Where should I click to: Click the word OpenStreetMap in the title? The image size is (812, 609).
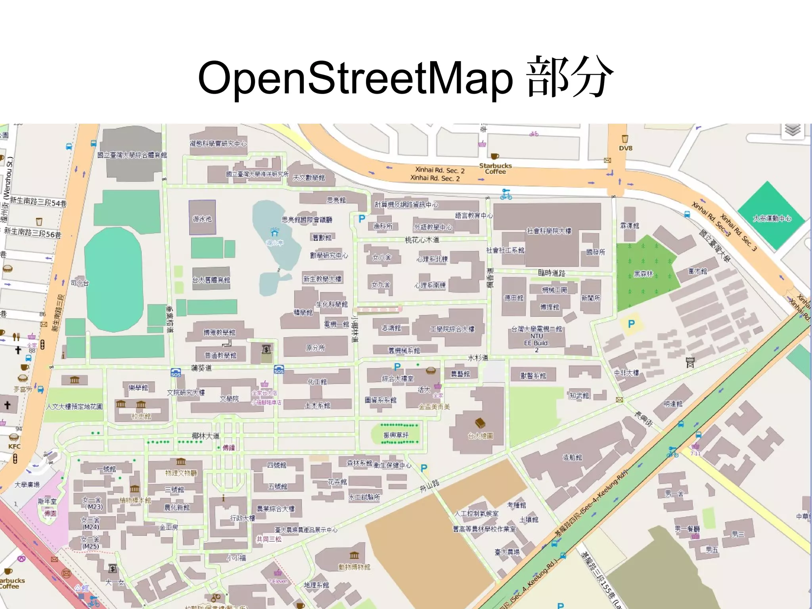coord(355,78)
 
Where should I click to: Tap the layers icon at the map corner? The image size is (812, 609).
coord(792,130)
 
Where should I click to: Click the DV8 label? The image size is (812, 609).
coord(626,148)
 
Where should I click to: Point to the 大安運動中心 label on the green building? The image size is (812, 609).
coord(772,218)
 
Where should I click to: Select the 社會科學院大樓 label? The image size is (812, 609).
coord(549,231)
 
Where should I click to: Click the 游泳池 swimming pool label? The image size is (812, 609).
coord(202,219)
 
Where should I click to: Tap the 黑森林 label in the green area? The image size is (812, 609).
coord(643,274)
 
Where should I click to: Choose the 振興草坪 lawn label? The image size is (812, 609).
coord(396,435)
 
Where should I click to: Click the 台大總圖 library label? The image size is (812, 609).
coord(480,436)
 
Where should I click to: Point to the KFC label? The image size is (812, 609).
coord(14,446)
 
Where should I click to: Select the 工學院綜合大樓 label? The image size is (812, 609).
coord(452,329)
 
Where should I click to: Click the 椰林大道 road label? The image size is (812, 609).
coord(205,436)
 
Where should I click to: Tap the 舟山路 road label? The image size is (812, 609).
coord(430,486)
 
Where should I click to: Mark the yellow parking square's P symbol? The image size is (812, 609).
coord(632,324)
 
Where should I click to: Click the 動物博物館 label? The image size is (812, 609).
coord(354,567)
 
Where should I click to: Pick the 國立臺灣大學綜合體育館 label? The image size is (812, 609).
coord(132,155)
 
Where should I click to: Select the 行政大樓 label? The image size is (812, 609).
coord(243,518)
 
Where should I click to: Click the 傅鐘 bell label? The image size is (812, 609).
coord(229,448)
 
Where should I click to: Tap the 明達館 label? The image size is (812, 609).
coord(673,404)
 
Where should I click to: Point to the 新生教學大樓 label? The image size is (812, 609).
coord(322,279)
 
